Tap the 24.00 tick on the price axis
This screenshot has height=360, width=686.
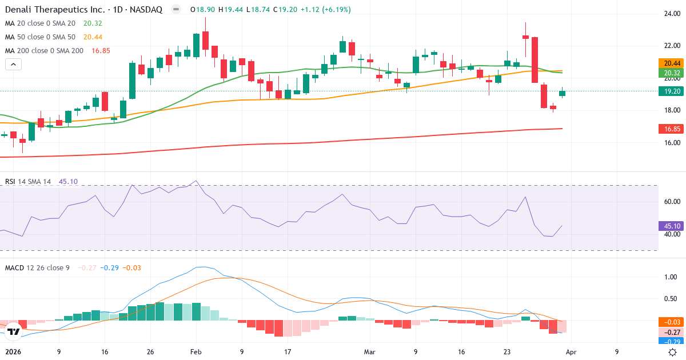671,14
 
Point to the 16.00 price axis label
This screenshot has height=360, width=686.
671,143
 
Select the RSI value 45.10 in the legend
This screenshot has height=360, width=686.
68,182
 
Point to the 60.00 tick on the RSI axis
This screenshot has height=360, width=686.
671,202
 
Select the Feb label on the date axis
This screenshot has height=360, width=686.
196,352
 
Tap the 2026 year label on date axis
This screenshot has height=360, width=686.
13,352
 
